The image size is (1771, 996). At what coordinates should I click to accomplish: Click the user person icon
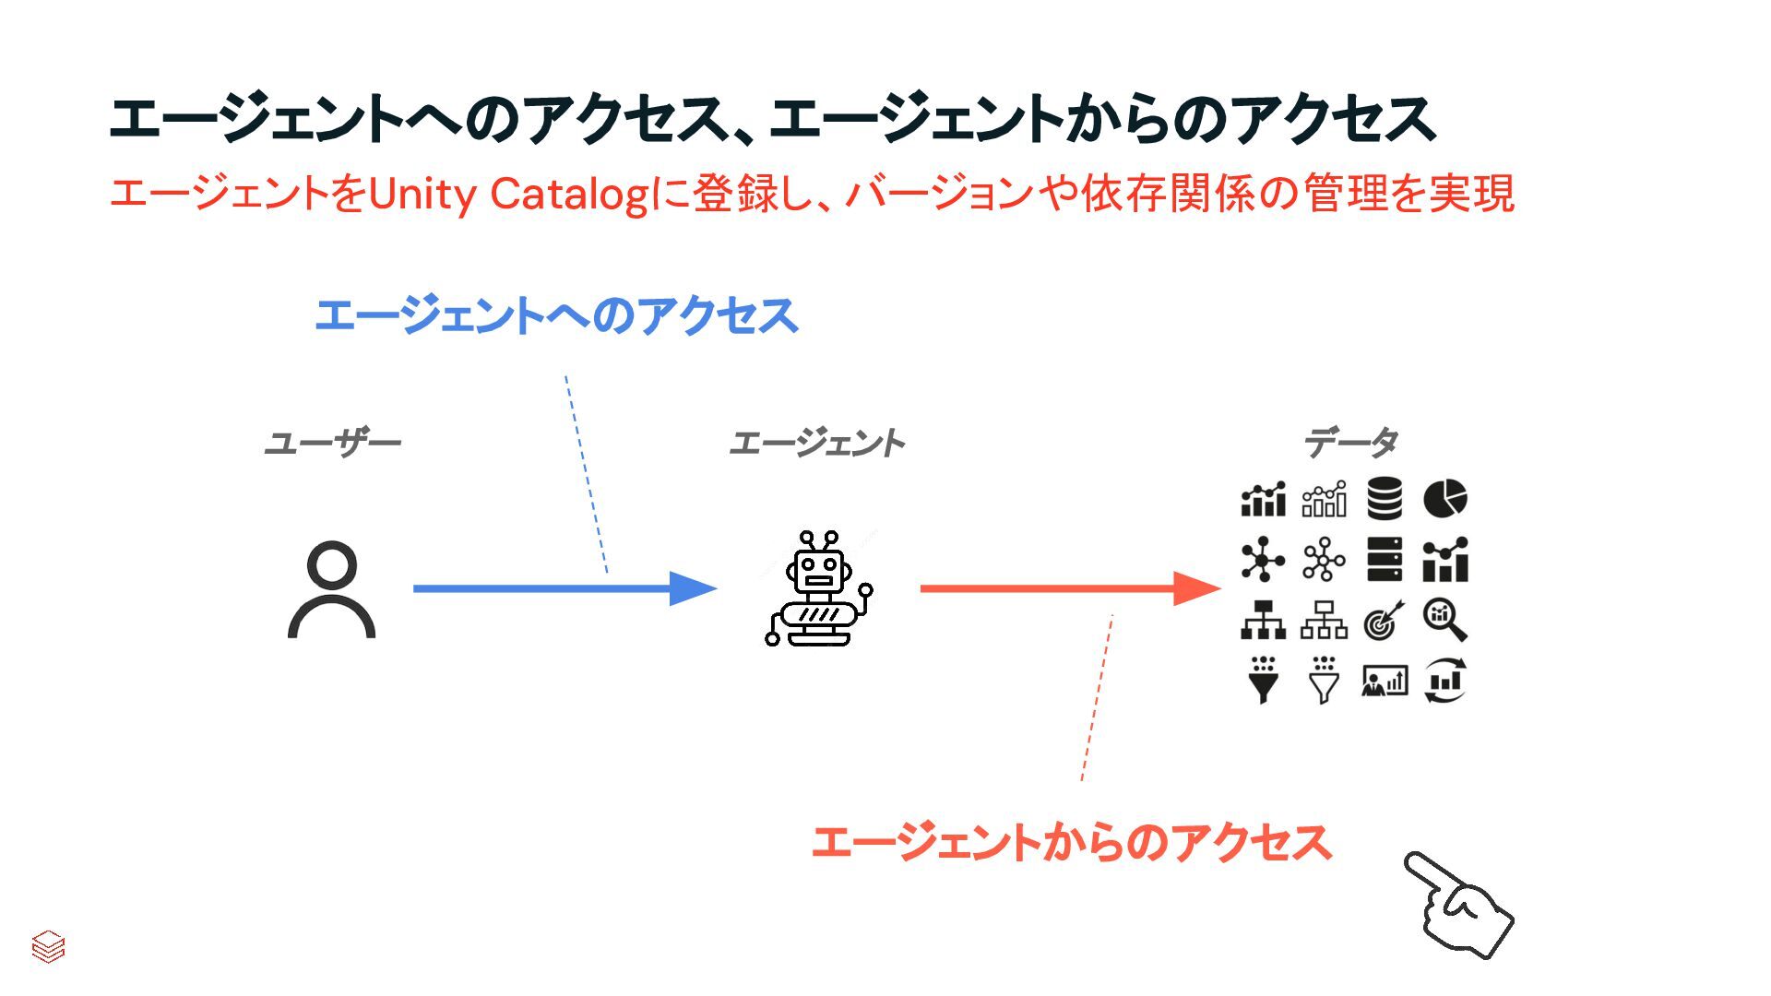click(x=331, y=590)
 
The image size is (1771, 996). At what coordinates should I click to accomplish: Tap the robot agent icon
click(x=818, y=588)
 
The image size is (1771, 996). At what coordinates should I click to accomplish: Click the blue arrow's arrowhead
click(x=692, y=588)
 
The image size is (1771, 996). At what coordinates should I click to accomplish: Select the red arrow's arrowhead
click(x=1195, y=588)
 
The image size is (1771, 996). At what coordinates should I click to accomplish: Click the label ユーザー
click(x=332, y=444)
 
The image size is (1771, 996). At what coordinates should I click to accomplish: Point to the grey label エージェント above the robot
click(x=816, y=444)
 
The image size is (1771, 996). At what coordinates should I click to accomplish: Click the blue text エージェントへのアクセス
click(x=556, y=315)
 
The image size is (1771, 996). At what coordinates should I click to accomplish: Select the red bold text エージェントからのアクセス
click(x=1071, y=843)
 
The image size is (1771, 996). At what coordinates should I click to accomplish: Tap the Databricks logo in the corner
click(x=48, y=946)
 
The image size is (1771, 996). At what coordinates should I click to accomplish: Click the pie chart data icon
click(x=1444, y=499)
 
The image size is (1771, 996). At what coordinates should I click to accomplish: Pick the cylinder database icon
click(x=1385, y=499)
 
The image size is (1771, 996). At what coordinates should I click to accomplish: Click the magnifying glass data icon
click(x=1444, y=620)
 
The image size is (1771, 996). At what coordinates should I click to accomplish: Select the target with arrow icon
click(x=1384, y=620)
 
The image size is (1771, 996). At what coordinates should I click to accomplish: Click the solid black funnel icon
click(x=1264, y=681)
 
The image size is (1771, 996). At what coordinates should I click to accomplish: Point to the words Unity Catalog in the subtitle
click(x=508, y=195)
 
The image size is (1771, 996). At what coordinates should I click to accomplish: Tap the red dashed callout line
click(x=1097, y=698)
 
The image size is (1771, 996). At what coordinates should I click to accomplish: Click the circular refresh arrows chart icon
click(x=1444, y=681)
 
